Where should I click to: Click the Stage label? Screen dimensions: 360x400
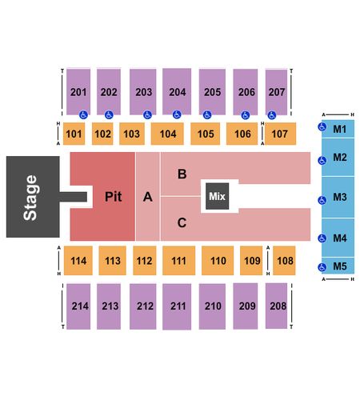click(30, 198)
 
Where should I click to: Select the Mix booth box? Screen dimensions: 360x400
click(218, 196)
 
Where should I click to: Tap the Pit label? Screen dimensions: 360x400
click(114, 197)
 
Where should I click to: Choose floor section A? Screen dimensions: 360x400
click(148, 197)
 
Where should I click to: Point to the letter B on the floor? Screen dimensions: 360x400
click(182, 174)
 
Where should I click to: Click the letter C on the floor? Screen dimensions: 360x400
click(182, 222)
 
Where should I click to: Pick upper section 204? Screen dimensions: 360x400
click(177, 91)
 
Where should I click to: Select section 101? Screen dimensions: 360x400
click(74, 134)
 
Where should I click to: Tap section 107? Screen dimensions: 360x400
click(280, 134)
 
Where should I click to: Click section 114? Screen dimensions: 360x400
click(78, 261)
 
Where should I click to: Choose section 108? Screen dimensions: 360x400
click(284, 261)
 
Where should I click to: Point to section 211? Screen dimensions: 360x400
click(177, 306)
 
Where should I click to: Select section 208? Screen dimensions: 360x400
click(276, 306)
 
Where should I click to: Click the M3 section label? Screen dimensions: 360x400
click(340, 197)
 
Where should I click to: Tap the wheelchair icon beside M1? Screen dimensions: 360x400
click(322, 127)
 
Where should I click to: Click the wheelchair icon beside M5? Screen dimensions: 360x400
click(322, 267)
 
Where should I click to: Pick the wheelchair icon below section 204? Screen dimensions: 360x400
click(177, 115)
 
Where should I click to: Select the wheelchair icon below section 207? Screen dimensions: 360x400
click(272, 115)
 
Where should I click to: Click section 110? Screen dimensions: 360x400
click(218, 261)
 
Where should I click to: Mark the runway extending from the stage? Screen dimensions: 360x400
click(74, 197)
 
